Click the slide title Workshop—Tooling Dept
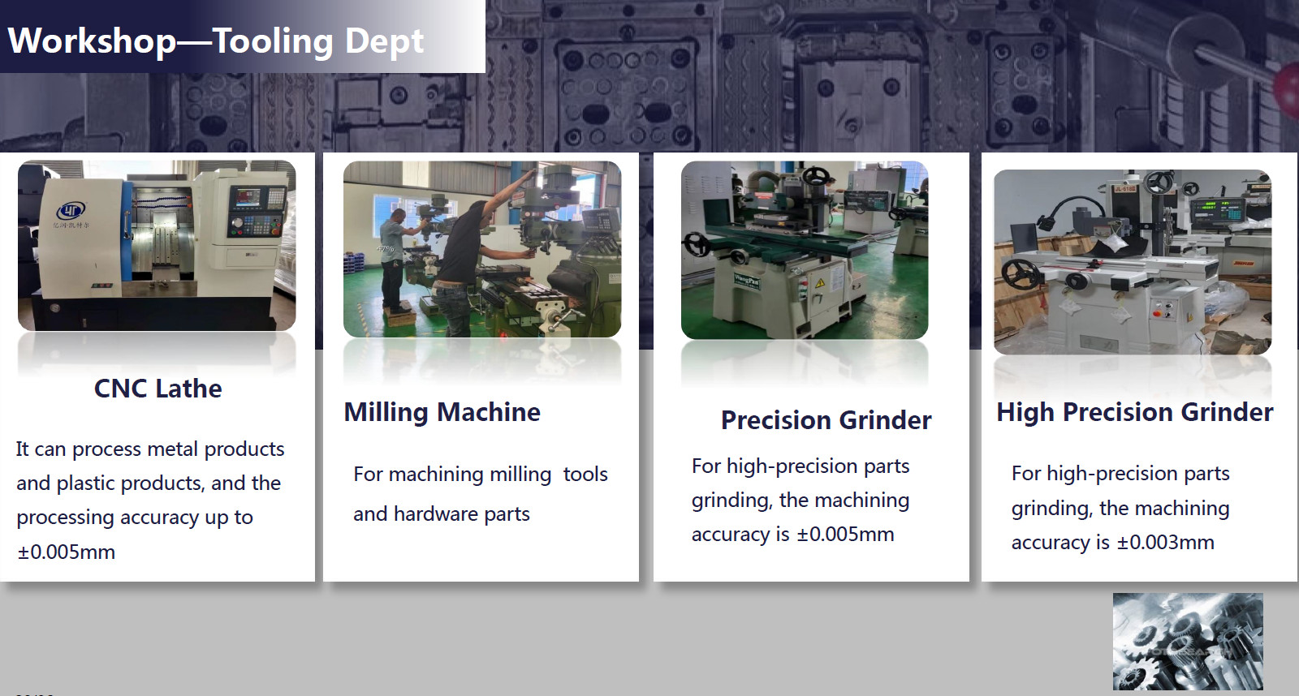216,41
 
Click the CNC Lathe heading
158,389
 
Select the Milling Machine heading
442,412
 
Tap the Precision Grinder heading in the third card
826,420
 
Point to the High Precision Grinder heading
1135,412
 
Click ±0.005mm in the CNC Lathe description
66,552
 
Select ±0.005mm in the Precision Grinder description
845,535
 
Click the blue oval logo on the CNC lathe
71,209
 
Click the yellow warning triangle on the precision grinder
820,283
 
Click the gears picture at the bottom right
1188,641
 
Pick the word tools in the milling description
585,475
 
